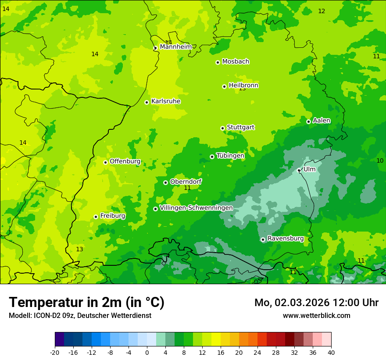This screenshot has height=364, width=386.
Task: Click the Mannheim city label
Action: (x=175, y=46)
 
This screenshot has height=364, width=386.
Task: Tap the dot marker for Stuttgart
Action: (x=222, y=128)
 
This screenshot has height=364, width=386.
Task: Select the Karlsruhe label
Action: (x=166, y=101)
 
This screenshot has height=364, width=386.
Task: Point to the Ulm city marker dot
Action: (x=299, y=170)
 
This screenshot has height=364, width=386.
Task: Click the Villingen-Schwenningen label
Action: (x=196, y=208)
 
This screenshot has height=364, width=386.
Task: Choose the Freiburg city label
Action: (x=112, y=216)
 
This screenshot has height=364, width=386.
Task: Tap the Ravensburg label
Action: (x=286, y=239)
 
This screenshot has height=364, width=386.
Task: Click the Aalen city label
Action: (x=322, y=121)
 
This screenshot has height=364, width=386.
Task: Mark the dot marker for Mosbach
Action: (x=218, y=62)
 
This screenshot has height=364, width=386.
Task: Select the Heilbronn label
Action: (x=243, y=86)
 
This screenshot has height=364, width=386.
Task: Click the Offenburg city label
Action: (x=125, y=161)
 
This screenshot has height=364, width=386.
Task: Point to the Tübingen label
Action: (x=230, y=156)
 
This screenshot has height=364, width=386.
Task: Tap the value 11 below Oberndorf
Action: (x=187, y=188)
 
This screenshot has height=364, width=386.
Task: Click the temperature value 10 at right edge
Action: (x=380, y=161)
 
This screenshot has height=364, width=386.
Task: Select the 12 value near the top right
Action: (x=322, y=11)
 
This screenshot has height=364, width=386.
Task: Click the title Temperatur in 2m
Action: (x=86, y=302)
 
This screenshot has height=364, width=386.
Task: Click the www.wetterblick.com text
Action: (x=316, y=315)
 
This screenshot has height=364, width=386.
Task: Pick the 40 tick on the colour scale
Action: (x=331, y=352)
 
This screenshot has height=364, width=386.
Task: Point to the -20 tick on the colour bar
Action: (x=55, y=352)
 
